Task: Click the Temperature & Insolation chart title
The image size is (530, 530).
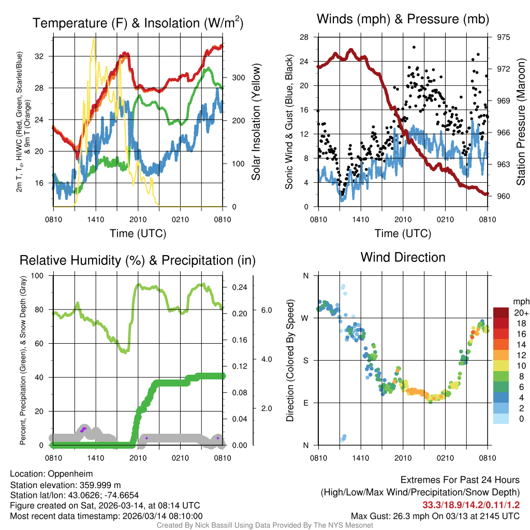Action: pyautogui.click(x=138, y=23)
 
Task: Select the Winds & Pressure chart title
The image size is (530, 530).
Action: pyautogui.click(x=403, y=19)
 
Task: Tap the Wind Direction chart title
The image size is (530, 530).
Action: pyautogui.click(x=403, y=257)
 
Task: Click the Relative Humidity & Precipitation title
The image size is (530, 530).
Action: pyautogui.click(x=137, y=260)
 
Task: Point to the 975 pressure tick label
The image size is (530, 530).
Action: pyautogui.click(x=503, y=37)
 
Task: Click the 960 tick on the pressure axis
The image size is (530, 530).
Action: pyautogui.click(x=503, y=196)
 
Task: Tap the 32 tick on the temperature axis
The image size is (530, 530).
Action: pyautogui.click(x=44, y=56)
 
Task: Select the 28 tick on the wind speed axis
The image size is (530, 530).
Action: pyautogui.click(x=304, y=37)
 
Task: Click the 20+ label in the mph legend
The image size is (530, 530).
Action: pyautogui.click(x=521, y=313)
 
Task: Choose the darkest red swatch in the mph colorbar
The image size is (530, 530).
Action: pyautogui.click(x=501, y=313)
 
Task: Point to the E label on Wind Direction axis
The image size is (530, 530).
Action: pyautogui.click(x=306, y=403)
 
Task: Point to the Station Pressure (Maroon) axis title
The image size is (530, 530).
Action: pyautogui.click(x=521, y=116)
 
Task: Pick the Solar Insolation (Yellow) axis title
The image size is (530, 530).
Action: pyautogui.click(x=256, y=122)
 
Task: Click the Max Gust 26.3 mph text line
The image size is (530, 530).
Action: pyautogui.click(x=435, y=516)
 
